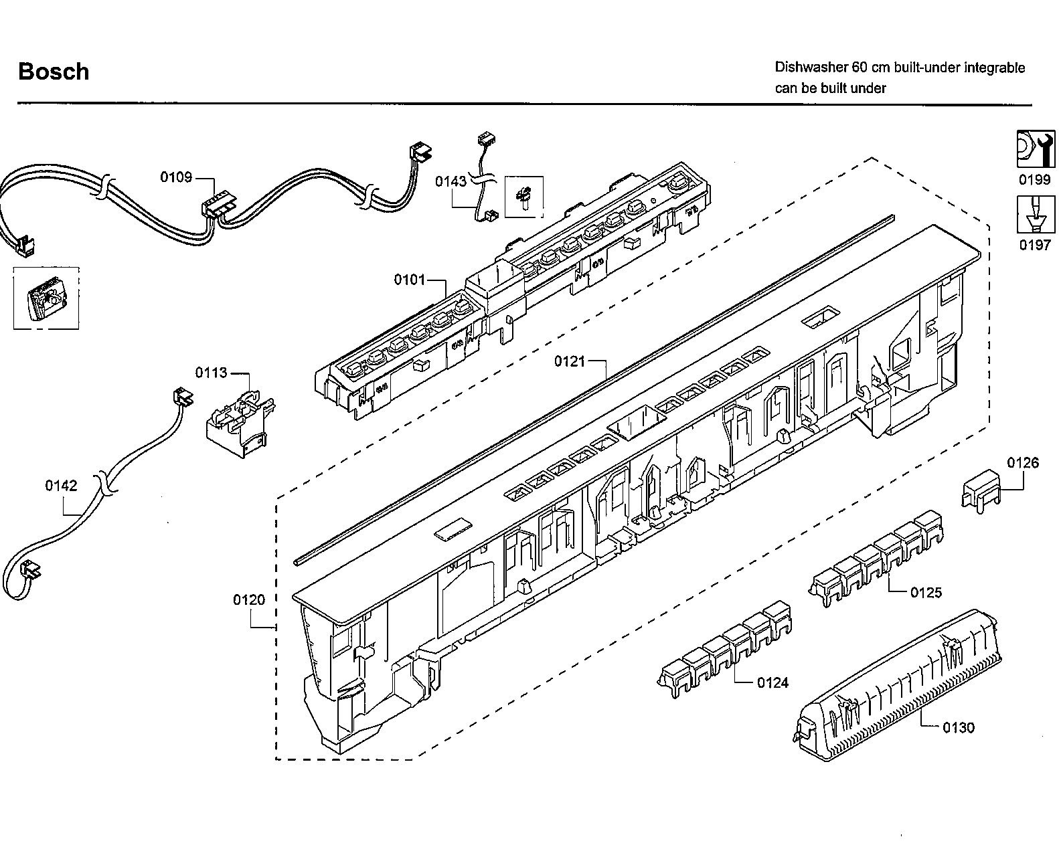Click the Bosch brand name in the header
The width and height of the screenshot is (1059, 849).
coord(54,72)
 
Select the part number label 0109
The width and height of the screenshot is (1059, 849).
coord(175,177)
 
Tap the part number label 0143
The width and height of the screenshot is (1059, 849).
coord(451,181)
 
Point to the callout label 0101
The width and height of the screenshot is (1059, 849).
coord(410,279)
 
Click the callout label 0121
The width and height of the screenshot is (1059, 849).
coord(570,361)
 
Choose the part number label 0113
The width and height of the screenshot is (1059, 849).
coord(211,372)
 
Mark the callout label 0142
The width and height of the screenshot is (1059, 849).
coord(61,486)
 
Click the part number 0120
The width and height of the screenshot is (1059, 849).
coord(249,599)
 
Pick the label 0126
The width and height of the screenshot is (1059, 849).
coord(1023,463)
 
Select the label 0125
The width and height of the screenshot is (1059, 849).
coord(926,592)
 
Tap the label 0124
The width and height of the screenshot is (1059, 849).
coord(772,682)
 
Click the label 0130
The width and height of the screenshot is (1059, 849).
coord(959,727)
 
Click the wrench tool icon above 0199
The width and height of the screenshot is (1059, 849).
coord(1033,149)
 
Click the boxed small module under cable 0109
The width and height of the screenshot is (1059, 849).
coord(46,299)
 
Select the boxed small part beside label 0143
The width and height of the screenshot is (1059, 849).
coord(523,197)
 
